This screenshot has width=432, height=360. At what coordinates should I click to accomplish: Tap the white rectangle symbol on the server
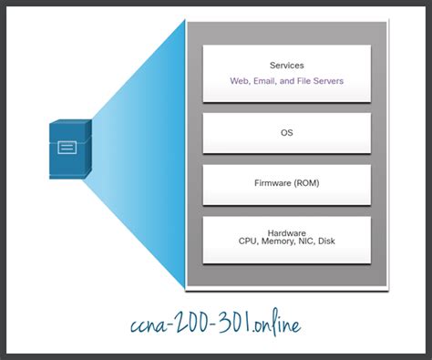67,147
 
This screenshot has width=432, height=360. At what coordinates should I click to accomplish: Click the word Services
287,66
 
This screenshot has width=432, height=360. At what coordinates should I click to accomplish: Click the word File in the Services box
308,81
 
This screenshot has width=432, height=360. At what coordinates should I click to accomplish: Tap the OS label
287,132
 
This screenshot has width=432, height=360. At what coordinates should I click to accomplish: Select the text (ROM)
307,183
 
